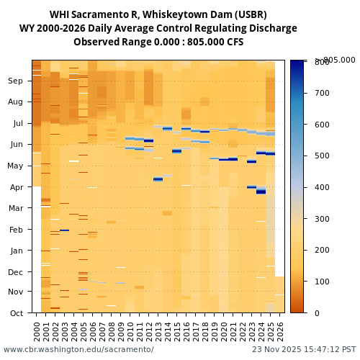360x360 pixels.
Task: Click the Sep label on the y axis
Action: click(x=16, y=81)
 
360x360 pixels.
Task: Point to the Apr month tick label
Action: click(x=16, y=187)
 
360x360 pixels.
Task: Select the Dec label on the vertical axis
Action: click(x=16, y=272)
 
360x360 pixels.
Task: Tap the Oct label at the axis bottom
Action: click(x=16, y=313)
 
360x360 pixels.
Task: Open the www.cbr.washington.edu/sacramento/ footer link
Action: click(x=78, y=350)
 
